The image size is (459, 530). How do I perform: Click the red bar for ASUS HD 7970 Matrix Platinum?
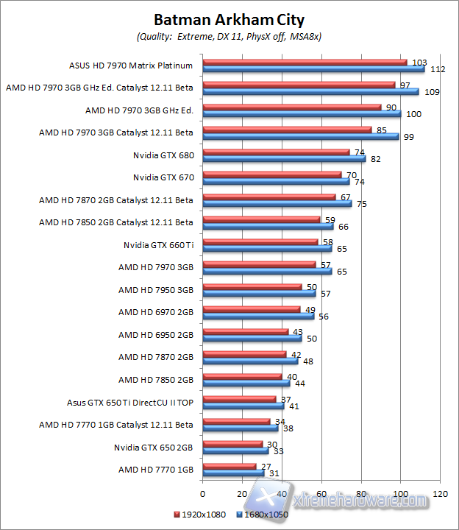[304, 62]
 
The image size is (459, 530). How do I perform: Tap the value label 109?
[433, 92]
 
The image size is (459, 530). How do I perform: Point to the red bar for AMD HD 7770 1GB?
[229, 466]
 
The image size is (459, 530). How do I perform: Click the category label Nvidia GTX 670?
[163, 177]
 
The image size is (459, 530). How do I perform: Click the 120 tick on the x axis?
[441, 493]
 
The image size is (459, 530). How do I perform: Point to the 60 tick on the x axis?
[321, 493]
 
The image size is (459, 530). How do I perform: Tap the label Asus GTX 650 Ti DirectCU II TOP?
[129, 403]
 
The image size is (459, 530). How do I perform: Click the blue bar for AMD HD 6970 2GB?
[258, 316]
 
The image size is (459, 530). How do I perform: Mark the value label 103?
[420, 63]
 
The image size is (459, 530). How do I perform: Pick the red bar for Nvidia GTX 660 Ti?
[260, 241]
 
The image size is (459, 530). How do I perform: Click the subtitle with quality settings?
[229, 35]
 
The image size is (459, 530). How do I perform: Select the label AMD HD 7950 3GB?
[155, 289]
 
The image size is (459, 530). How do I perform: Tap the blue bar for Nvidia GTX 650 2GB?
[235, 450]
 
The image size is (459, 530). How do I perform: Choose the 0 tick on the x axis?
[202, 493]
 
